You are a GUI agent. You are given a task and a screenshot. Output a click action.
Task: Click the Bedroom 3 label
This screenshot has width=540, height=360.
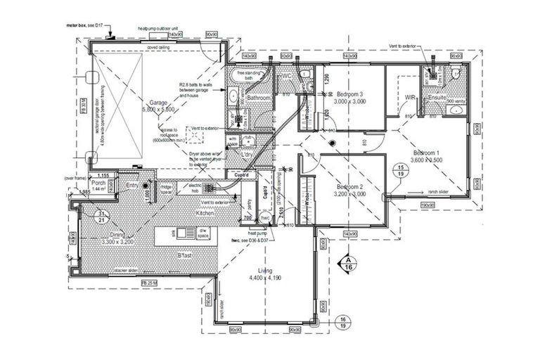tap(349, 94)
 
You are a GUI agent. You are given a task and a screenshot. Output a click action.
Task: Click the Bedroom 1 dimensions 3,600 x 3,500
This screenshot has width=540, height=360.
tap(428, 160)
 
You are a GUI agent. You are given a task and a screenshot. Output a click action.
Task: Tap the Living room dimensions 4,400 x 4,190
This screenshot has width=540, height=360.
tap(265, 278)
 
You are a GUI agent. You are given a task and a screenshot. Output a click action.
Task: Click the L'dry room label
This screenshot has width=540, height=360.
tap(247, 154)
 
